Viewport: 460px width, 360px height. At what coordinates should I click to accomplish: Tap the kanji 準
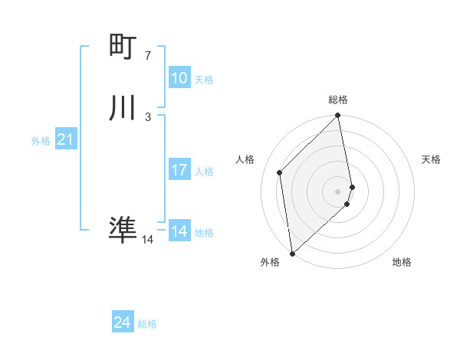pyautogui.click(x=123, y=229)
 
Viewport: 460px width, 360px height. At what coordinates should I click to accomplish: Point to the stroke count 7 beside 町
pyautogui.click(x=148, y=56)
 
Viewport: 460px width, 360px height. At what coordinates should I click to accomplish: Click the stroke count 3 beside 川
pyautogui.click(x=148, y=117)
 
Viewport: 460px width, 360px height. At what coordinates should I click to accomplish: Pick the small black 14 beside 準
pyautogui.click(x=148, y=240)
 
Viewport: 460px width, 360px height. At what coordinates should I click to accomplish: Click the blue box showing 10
pyautogui.click(x=179, y=78)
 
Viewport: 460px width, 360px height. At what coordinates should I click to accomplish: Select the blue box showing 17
pyautogui.click(x=179, y=170)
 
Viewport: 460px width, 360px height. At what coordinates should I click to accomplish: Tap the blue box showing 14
pyautogui.click(x=179, y=231)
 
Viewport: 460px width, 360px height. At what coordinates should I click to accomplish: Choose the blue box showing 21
pyautogui.click(x=65, y=139)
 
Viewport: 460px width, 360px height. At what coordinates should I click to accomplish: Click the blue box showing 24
pyautogui.click(x=122, y=323)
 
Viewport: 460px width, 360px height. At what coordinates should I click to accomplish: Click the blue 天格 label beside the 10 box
pyautogui.click(x=203, y=80)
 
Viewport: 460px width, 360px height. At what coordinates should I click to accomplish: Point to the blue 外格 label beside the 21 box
pyautogui.click(x=41, y=141)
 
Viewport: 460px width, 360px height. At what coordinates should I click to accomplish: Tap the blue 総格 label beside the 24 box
pyautogui.click(x=147, y=325)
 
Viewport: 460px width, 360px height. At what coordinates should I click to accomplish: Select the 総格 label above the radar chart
pyautogui.click(x=338, y=100)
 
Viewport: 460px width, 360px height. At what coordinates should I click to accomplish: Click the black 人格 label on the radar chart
pyautogui.click(x=245, y=159)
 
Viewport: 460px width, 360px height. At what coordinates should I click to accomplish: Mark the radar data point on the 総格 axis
pyautogui.click(x=338, y=116)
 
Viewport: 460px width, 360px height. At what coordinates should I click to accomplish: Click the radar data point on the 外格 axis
pyautogui.click(x=292, y=253)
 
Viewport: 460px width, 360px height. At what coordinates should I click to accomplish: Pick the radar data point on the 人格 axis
pyautogui.click(x=280, y=172)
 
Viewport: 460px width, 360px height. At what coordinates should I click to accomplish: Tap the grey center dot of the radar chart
pyautogui.click(x=338, y=191)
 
